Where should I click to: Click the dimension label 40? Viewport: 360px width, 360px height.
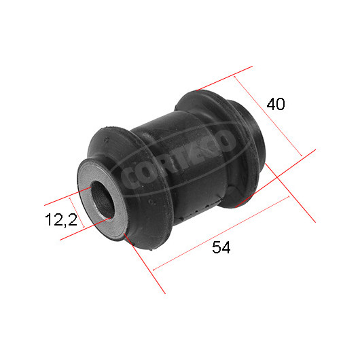276,104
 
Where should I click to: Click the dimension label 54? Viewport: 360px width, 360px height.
221,247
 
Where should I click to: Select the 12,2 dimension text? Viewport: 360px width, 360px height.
61,219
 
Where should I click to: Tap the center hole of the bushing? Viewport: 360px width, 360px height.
103,199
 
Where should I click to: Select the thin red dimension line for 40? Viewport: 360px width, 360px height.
268,116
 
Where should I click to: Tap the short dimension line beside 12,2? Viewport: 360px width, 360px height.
77,212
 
